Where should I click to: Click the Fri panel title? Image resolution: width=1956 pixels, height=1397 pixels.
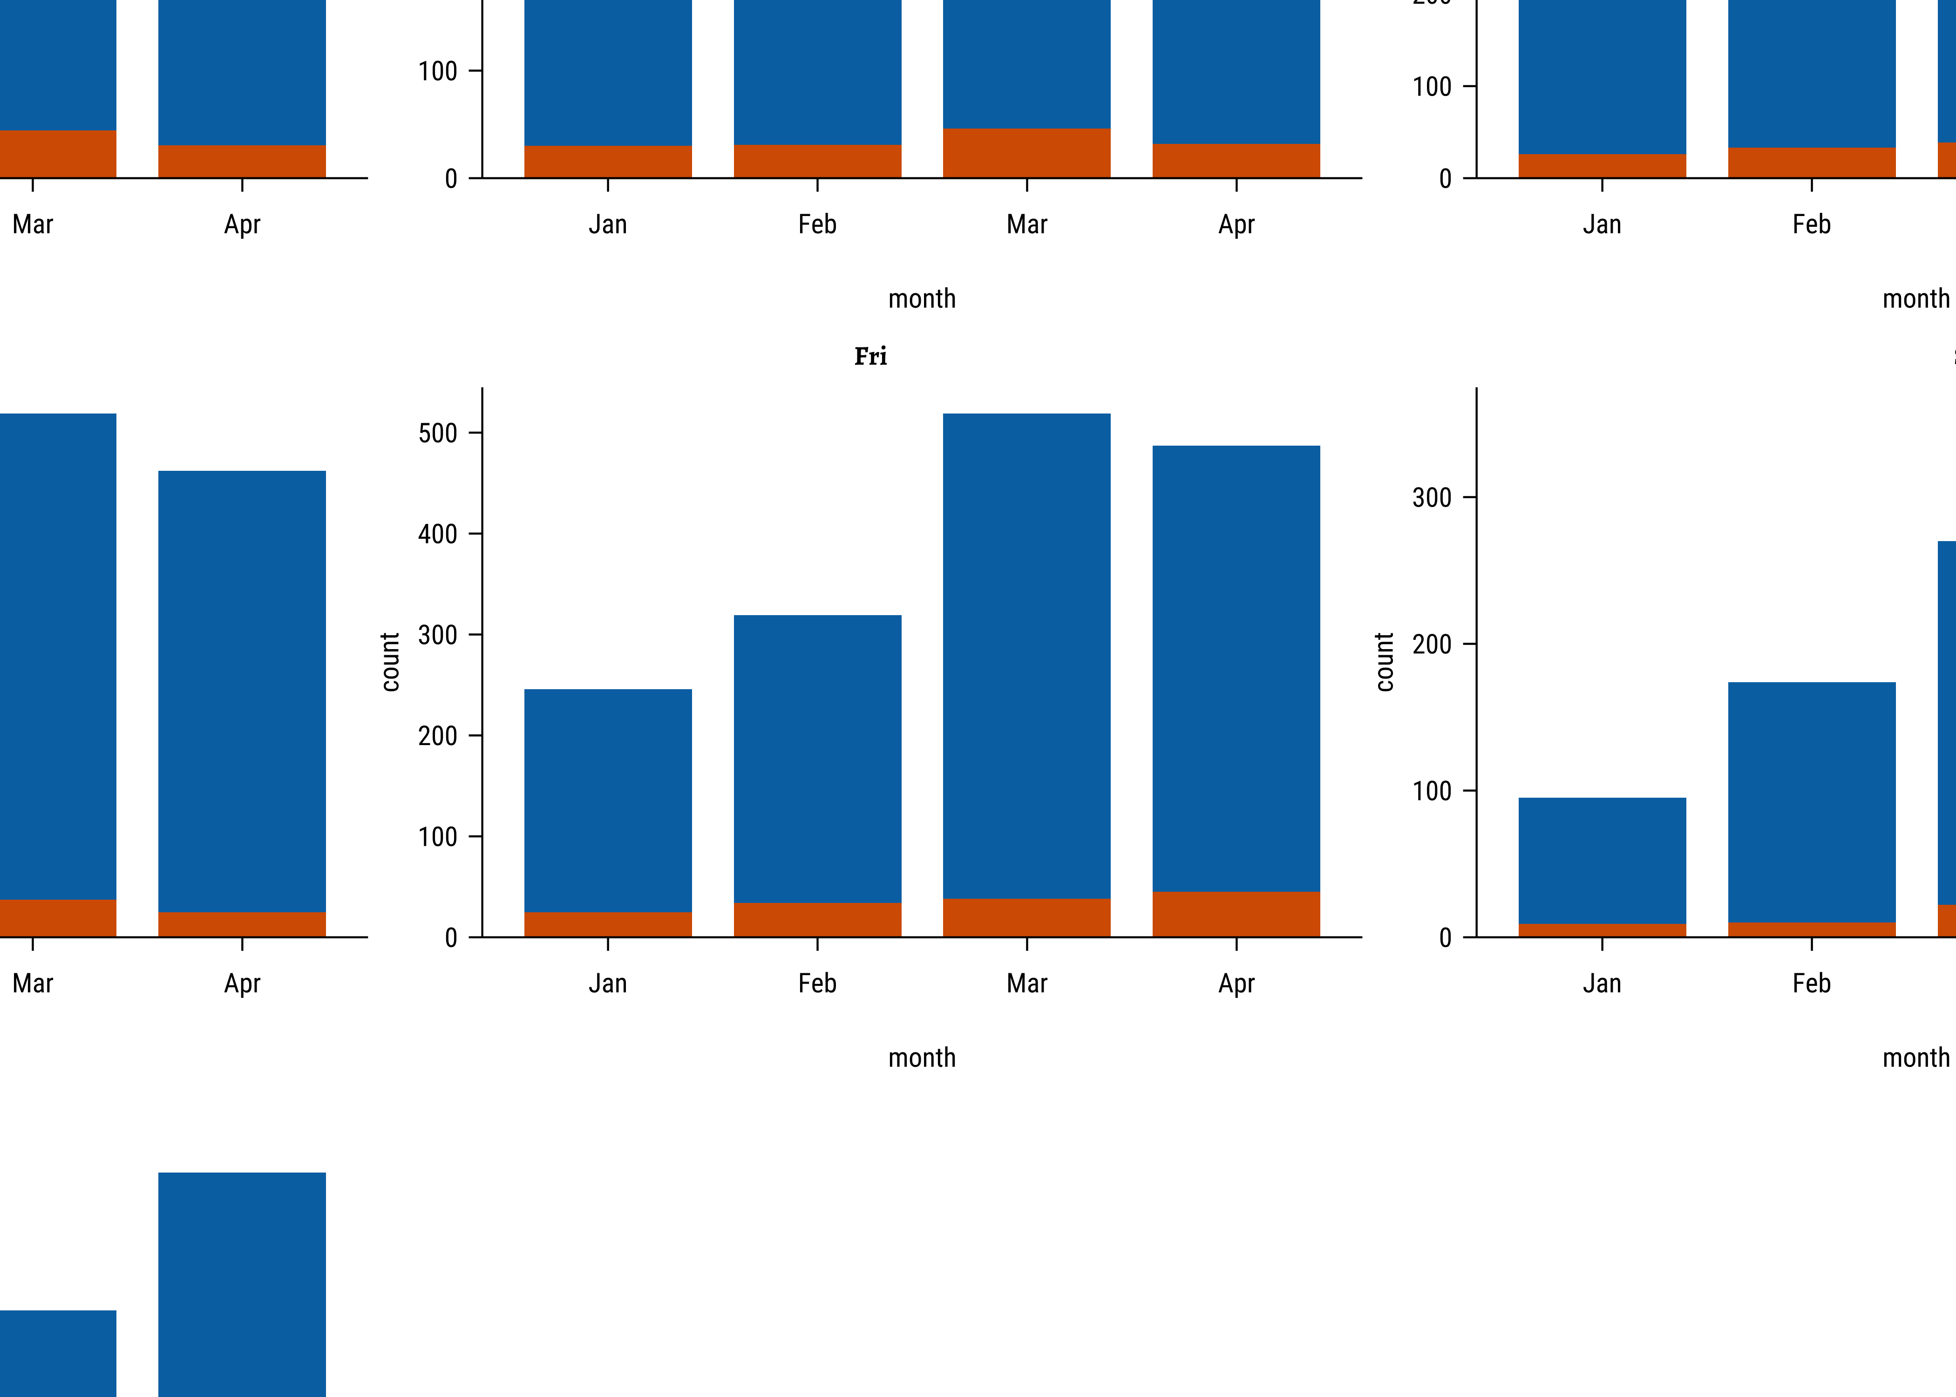pyautogui.click(x=870, y=356)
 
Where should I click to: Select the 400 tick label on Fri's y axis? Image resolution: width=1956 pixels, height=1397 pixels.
pyautogui.click(x=438, y=534)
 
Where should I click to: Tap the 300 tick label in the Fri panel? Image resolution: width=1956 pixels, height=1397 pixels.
pyautogui.click(x=438, y=635)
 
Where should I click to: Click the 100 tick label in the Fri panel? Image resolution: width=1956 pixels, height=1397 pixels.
pyautogui.click(x=438, y=837)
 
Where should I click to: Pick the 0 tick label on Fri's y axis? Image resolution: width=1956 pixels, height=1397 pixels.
pyautogui.click(x=451, y=938)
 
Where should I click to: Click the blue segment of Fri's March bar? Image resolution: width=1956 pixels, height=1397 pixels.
pyautogui.click(x=1026, y=654)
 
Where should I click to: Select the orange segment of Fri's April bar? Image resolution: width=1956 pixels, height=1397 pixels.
pyautogui.click(x=1236, y=915)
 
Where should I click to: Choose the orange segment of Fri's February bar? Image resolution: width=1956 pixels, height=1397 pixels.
pyautogui.click(x=817, y=920)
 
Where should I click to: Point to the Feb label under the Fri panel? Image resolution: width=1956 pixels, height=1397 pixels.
pyautogui.click(x=817, y=983)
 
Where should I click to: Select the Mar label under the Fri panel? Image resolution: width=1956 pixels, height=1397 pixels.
pyautogui.click(x=1026, y=983)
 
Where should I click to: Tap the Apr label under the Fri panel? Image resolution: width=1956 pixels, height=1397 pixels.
pyautogui.click(x=1236, y=983)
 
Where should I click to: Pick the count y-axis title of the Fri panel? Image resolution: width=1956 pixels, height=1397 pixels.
pyautogui.click(x=391, y=662)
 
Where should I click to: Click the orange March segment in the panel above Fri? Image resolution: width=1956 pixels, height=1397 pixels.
pyautogui.click(x=1026, y=153)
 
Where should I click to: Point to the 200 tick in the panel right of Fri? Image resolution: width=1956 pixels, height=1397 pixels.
pyautogui.click(x=1432, y=644)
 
